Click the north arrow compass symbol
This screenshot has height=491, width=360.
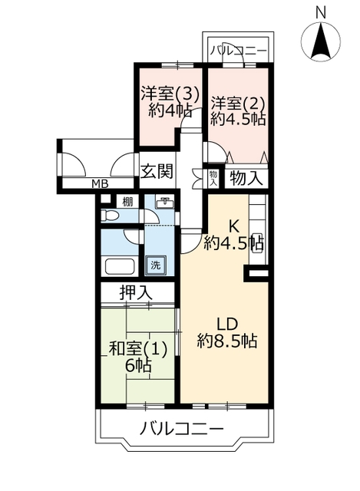[321, 41]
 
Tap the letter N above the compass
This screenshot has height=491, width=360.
[321, 13]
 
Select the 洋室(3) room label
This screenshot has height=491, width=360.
[170, 93]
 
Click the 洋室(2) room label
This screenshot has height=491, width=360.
[238, 103]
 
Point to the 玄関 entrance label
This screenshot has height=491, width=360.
[157, 171]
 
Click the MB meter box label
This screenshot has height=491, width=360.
[100, 184]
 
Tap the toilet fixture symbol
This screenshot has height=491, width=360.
[109, 216]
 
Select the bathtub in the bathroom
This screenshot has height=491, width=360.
[120, 266]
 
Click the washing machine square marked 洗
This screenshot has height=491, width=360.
[156, 265]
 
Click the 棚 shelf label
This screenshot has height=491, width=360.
[127, 202]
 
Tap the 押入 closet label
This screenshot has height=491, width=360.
[136, 292]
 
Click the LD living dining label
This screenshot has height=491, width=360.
[228, 325]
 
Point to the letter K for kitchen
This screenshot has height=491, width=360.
[234, 226]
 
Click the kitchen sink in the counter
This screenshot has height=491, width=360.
[258, 242]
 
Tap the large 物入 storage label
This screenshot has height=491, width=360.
[246, 178]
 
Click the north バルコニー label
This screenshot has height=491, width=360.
[239, 50]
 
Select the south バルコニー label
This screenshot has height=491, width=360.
[182, 428]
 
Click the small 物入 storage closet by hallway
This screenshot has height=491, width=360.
[213, 179]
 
